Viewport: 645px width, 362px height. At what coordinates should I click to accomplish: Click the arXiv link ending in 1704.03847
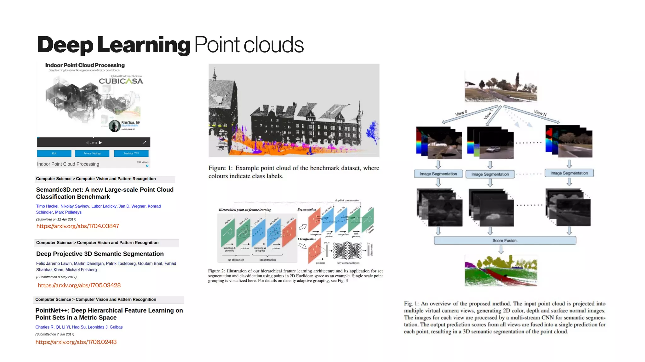77,226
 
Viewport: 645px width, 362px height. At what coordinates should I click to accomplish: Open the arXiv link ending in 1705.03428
79,285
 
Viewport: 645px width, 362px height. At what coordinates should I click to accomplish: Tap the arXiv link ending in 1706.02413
76,342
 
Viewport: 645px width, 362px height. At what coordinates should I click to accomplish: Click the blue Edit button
54,153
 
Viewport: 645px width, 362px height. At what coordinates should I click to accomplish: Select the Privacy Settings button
92,153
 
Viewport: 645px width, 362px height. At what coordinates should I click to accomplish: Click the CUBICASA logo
121,81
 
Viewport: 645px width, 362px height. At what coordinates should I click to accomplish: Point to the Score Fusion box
505,240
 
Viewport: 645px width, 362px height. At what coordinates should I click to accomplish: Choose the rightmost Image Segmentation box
569,173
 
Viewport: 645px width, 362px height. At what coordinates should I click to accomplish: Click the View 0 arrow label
461,113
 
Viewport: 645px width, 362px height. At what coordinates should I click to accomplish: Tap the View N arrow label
540,113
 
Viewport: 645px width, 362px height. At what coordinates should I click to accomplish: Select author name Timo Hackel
47,206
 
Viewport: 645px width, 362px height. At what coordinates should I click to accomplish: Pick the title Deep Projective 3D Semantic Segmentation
100,254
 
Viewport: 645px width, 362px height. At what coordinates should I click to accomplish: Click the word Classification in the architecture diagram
307,239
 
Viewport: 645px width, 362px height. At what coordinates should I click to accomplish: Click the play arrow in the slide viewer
100,143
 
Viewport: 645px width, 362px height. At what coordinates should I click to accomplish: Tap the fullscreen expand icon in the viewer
145,142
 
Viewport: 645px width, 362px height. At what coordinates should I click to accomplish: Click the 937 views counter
142,162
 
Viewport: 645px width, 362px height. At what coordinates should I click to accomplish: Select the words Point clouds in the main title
249,45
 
